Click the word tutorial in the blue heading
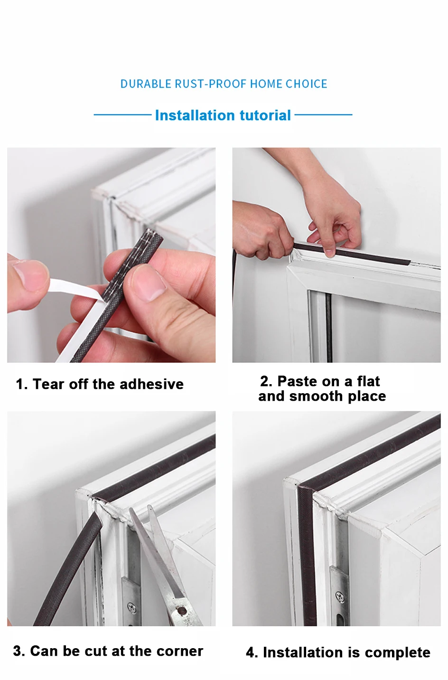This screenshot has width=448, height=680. pyautogui.click(x=265, y=115)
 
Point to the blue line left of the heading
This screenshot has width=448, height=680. pyautogui.click(x=122, y=115)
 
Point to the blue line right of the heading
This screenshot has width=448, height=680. pyautogui.click(x=323, y=115)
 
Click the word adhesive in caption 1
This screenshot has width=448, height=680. pyautogui.click(x=152, y=384)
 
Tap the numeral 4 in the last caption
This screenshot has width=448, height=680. pyautogui.click(x=250, y=652)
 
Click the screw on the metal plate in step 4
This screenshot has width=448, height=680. pyautogui.click(x=340, y=596)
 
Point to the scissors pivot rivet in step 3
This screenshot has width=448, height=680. pyautogui.click(x=182, y=611)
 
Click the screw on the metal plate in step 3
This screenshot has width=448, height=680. pyautogui.click(x=132, y=607)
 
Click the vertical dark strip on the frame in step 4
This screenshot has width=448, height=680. pyautogui.click(x=307, y=555)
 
